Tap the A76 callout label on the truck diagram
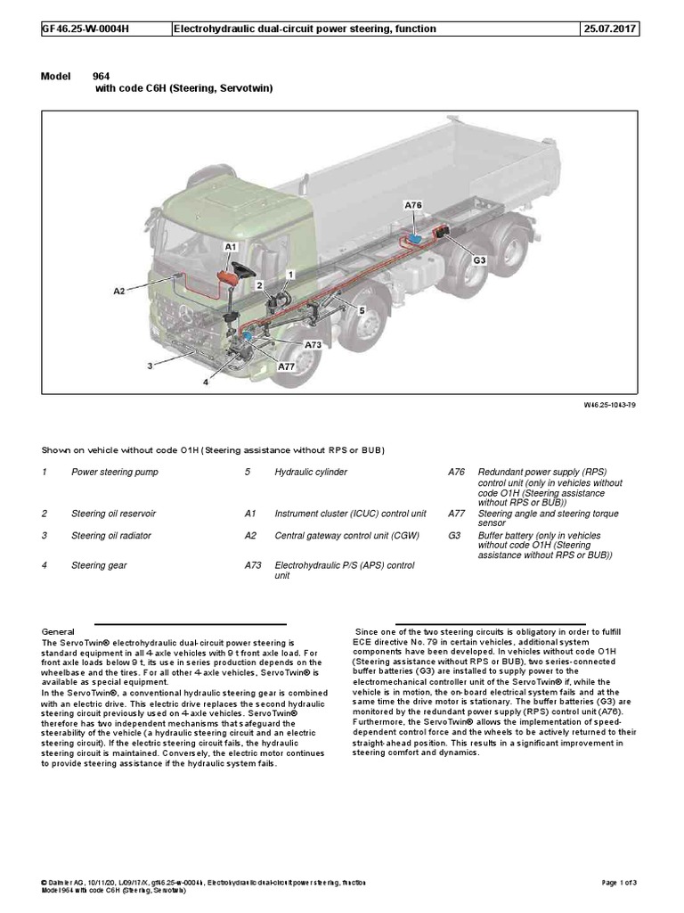pos(412,205)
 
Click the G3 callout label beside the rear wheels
pos(479,259)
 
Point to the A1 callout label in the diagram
pos(230,244)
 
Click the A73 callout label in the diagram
pos(313,344)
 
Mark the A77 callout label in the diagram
pos(286,366)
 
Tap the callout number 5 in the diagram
pos(362,309)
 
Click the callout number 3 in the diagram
pos(151,366)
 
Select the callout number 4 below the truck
pos(205,382)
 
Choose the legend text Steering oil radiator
pos(111,535)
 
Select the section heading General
pos(58,631)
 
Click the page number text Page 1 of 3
pos(627,883)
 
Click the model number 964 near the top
pos(104,77)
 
